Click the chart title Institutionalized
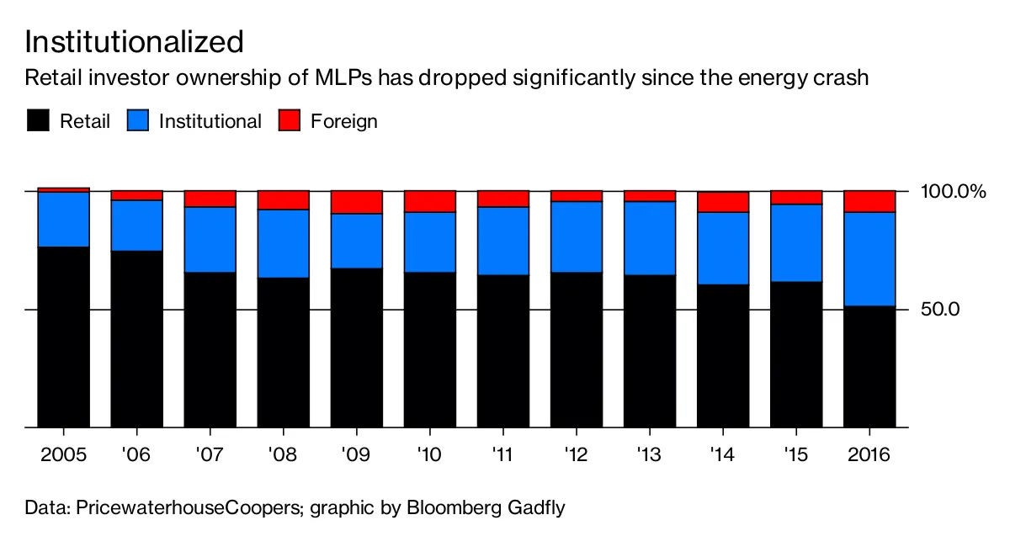pos(135,40)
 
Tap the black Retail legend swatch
pos(37,120)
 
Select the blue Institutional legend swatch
pos(137,120)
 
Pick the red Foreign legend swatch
pos(289,120)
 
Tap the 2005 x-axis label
pos(63,455)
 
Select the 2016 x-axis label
pos(869,455)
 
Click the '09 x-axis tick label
pos(356,455)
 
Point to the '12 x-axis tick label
pos(576,455)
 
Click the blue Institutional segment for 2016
pos(869,258)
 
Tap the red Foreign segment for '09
pos(356,202)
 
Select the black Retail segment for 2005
pos(63,337)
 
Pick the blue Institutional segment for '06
pos(136,225)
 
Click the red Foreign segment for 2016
pos(869,201)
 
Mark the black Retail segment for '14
pos(722,356)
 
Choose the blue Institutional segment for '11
pos(502,241)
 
